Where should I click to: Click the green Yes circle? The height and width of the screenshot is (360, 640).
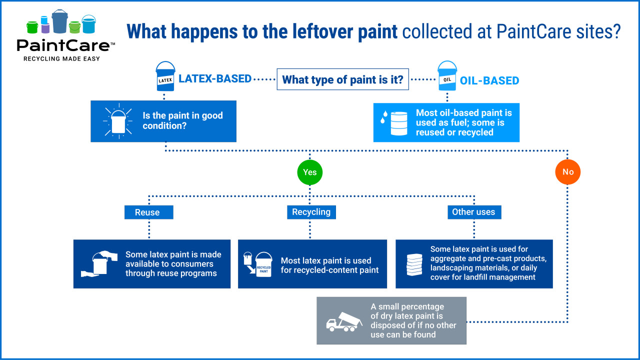click(309, 172)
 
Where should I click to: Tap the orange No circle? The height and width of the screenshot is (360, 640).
click(567, 172)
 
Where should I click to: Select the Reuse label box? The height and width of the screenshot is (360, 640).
click(148, 212)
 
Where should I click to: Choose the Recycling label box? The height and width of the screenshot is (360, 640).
click(311, 212)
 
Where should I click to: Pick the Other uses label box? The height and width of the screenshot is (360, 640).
click(473, 212)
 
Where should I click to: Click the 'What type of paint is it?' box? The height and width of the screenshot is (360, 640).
click(342, 79)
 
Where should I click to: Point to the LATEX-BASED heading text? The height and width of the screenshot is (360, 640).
click(215, 78)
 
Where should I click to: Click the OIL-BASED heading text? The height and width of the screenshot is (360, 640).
click(489, 80)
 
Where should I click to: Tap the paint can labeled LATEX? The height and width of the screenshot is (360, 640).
click(165, 77)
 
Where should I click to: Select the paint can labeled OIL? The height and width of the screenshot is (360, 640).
click(447, 77)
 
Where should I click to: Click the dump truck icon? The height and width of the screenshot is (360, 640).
click(344, 321)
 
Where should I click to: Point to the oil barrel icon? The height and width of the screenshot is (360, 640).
click(398, 123)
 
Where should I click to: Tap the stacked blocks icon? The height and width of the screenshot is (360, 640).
click(414, 265)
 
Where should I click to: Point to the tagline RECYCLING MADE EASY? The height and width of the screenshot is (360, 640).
click(62, 59)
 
